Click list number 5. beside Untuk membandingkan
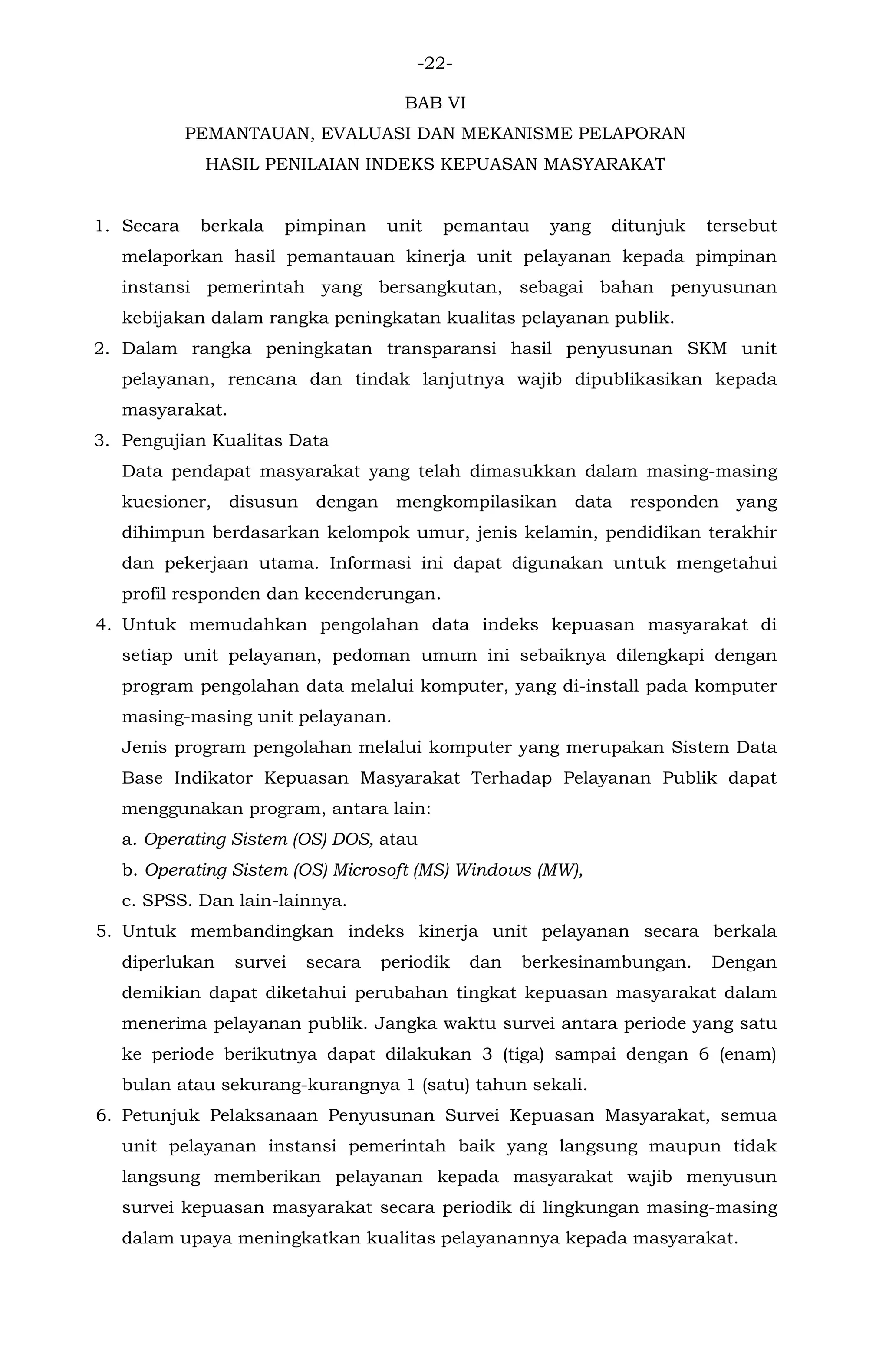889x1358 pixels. click(103, 932)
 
